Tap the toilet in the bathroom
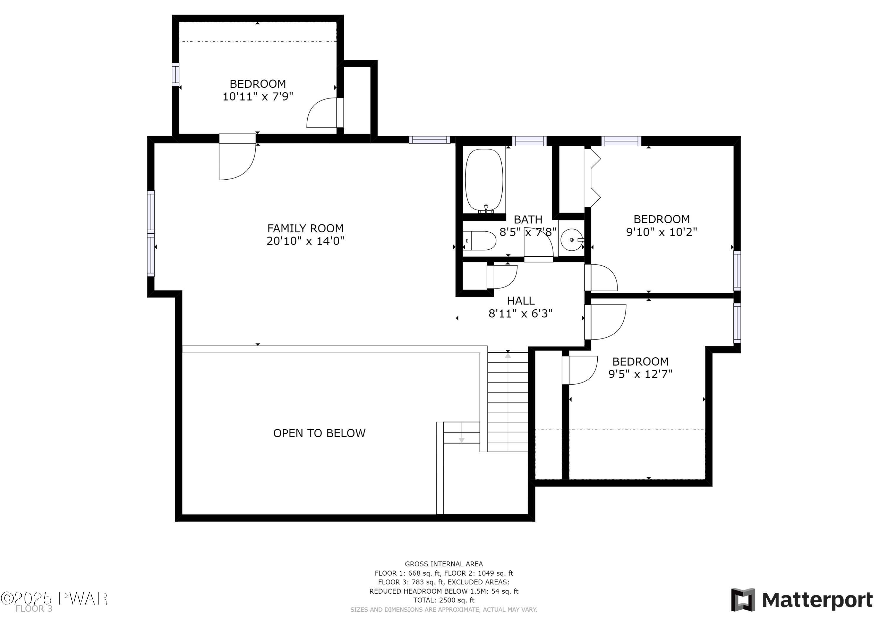tap(479, 241)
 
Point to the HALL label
tap(521, 301)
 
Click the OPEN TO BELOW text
tap(319, 433)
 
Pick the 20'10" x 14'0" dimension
tap(305, 241)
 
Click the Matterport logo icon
tap(743, 600)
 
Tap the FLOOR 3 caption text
tap(34, 609)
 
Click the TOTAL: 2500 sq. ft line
tap(444, 600)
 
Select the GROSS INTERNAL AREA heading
tap(444, 564)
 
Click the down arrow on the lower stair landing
tap(461, 440)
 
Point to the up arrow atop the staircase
tap(508, 355)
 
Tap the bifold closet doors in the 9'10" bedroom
tap(592, 178)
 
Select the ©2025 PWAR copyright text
tap(54, 599)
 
